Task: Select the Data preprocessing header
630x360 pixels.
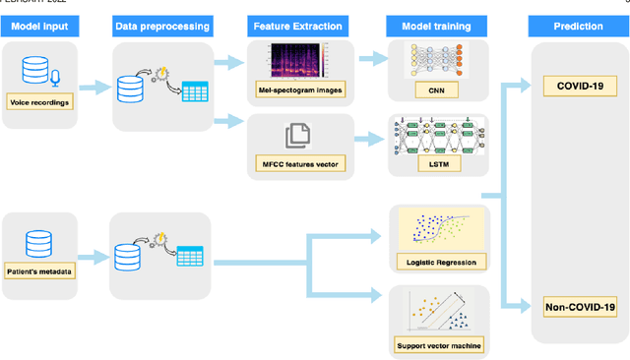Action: (164, 26)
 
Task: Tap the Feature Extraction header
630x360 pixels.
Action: (296, 26)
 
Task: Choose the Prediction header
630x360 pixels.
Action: (579, 26)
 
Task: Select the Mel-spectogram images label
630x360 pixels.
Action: (297, 92)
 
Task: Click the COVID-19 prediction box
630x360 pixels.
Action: (580, 87)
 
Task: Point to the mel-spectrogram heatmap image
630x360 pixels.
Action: (297, 63)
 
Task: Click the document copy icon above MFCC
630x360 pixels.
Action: (297, 135)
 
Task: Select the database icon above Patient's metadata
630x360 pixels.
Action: (38, 242)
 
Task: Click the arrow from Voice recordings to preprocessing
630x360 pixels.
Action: (96, 89)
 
